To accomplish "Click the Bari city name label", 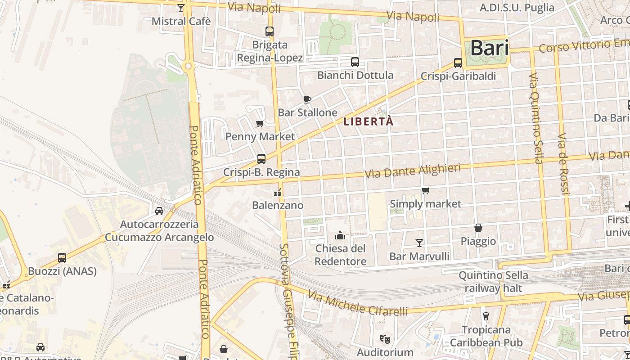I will coord(489,48).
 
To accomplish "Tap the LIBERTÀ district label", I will coord(369,121).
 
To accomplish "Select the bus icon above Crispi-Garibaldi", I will coord(458,63).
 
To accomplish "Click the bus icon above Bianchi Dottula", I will coord(355,62).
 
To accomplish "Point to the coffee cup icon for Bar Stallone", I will coord(307,99).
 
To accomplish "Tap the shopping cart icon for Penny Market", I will coord(260,124).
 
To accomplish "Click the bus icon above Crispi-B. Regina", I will coord(261,159).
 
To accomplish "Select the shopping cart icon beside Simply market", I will coord(425,191).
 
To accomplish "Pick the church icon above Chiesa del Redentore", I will coord(340,235).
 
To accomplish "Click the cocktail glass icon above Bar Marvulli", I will coord(419,243).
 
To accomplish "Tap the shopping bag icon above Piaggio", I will coord(478,228).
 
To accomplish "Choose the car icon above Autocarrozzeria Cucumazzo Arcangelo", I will coord(159,211).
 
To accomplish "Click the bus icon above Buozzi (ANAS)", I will coord(62,258).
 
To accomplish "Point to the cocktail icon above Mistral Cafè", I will coord(181,8).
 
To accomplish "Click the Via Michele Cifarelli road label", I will coord(358,304).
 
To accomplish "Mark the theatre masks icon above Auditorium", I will coord(384,338).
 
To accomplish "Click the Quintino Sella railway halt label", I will coord(493,281).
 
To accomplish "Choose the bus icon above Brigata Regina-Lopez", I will coord(270,31).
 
